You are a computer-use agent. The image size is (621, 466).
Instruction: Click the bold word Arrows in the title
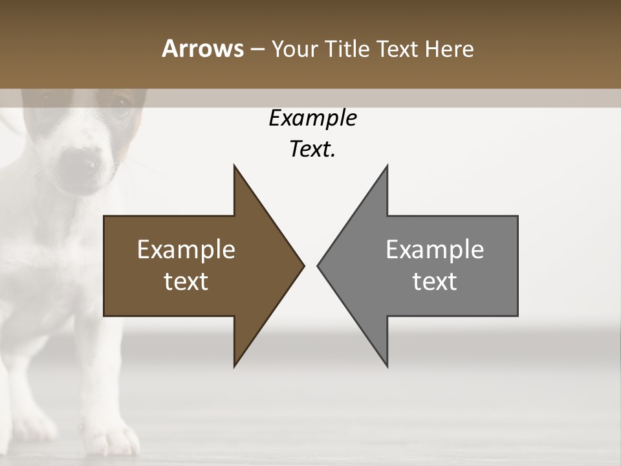[202, 49]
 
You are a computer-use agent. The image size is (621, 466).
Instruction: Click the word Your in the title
[294, 49]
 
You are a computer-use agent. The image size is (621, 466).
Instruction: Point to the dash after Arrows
[257, 49]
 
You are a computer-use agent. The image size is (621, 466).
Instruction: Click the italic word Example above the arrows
[312, 118]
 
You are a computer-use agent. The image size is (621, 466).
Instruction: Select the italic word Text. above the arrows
[312, 150]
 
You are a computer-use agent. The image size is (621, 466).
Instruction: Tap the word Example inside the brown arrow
[186, 250]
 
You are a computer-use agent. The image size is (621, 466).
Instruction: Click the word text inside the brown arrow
[186, 282]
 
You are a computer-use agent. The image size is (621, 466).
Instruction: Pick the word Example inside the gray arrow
[435, 250]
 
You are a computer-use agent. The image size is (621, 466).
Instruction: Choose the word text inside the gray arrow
[435, 282]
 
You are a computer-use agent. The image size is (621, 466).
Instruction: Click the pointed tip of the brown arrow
[303, 265]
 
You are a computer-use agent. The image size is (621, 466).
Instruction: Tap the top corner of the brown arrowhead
[235, 166]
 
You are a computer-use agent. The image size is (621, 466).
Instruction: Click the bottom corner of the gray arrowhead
[387, 366]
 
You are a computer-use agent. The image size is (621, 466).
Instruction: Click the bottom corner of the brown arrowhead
[235, 366]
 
